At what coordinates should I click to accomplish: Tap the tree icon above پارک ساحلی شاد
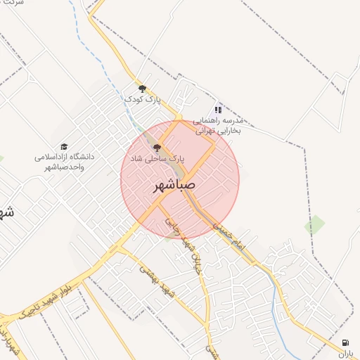click(156, 148)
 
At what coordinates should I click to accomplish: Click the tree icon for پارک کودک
click(143, 88)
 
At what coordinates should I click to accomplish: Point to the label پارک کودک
click(143, 99)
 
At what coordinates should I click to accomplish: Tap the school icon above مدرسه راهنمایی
click(218, 110)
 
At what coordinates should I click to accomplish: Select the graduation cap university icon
click(64, 146)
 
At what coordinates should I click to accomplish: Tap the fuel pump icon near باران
click(345, 342)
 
